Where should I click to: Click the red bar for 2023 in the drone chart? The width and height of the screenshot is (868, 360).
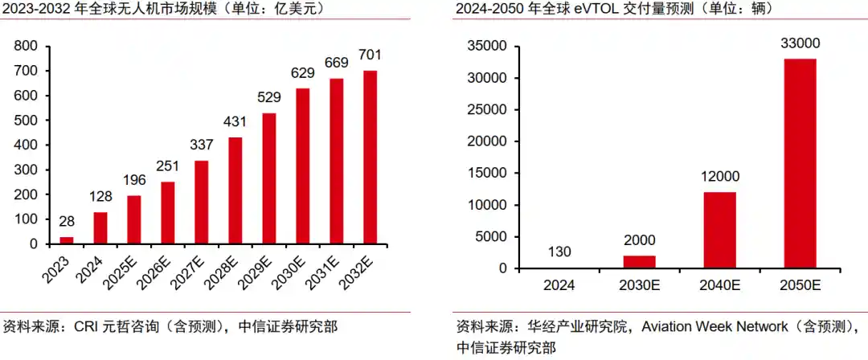(x=67, y=239)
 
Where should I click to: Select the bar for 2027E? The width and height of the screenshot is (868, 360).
(x=202, y=202)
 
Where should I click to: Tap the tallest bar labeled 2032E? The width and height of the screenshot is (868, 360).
(x=371, y=157)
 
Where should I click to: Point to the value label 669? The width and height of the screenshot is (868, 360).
(x=337, y=63)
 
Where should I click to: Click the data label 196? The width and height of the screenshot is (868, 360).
(x=134, y=181)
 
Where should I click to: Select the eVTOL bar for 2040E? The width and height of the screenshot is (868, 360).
(x=719, y=230)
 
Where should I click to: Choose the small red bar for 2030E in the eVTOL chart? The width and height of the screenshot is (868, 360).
(x=639, y=262)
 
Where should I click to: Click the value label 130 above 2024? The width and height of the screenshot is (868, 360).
(x=559, y=252)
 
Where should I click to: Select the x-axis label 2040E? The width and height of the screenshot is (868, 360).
(x=719, y=285)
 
